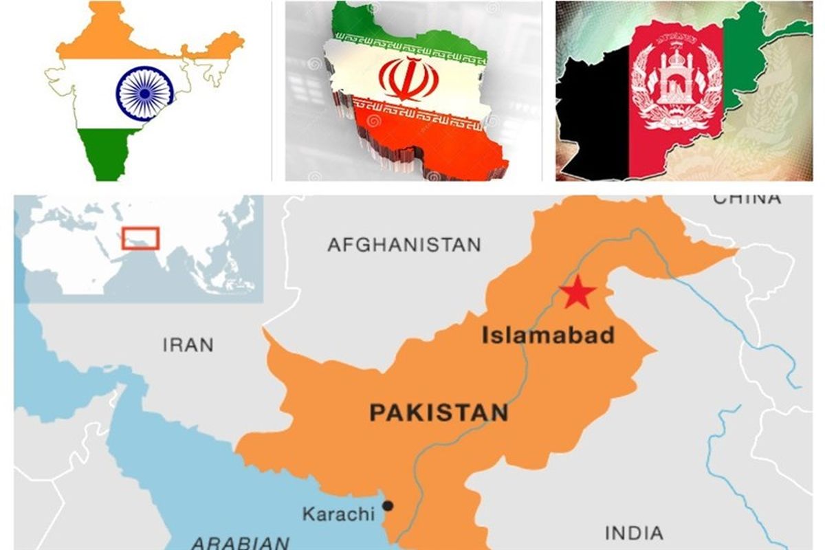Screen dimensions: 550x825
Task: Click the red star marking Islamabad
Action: point(577,294)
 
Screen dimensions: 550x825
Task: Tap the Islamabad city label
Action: point(547,335)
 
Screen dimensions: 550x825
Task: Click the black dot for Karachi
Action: point(388,506)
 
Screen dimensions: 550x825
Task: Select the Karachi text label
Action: point(338,514)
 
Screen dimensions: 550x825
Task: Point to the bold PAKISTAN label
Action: point(439,412)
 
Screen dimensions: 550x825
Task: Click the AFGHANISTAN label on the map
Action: point(404,245)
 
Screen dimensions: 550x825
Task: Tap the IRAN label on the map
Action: point(188,344)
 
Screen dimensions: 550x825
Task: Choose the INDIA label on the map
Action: point(634,533)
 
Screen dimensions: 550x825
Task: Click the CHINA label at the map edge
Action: point(747,199)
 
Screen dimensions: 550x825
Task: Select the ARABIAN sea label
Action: point(240,542)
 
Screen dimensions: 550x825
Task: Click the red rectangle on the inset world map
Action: point(140,238)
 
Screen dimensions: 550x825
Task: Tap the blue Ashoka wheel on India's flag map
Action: point(144,93)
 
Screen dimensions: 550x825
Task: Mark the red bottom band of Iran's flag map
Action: point(440,141)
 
